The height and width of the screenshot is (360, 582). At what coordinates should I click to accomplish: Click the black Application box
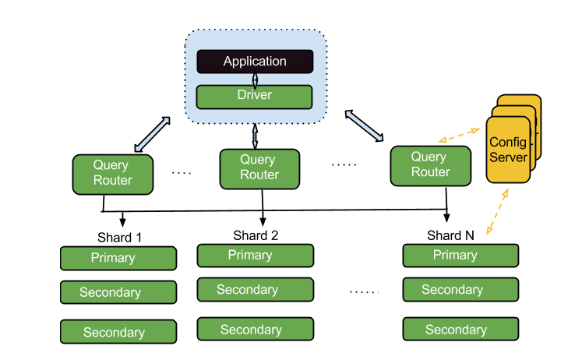[x=255, y=62]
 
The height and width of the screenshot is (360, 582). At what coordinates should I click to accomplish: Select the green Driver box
[x=254, y=97]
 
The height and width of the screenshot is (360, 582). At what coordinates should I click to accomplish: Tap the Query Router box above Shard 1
[x=113, y=175]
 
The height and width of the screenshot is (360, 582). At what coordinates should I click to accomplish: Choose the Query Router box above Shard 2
[x=259, y=169]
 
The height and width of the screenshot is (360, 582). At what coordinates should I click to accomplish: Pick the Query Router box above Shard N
[x=431, y=166]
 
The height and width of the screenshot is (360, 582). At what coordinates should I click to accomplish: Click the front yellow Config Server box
[x=508, y=150]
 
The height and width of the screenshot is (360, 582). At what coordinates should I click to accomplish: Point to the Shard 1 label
[x=119, y=238]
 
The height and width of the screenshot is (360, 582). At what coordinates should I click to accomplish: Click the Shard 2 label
[x=256, y=235]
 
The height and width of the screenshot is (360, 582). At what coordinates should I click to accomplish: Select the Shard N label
[x=450, y=235]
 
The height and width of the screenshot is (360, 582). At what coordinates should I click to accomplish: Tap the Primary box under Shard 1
[x=118, y=258]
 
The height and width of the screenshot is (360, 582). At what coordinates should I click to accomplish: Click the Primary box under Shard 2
[x=256, y=256]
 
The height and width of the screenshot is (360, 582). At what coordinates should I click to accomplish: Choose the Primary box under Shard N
[x=460, y=256]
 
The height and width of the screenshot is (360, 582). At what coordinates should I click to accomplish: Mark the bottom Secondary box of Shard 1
[x=118, y=331]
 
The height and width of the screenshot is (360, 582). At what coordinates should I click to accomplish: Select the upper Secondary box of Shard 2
[x=256, y=290]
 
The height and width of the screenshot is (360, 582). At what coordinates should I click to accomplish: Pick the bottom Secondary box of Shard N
[x=460, y=329]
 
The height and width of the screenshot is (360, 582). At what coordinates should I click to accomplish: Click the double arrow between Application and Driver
[x=255, y=79]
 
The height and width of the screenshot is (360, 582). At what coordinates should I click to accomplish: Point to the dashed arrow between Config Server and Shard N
[x=497, y=211]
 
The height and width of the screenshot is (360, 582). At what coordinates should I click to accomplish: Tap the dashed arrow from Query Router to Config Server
[x=459, y=135]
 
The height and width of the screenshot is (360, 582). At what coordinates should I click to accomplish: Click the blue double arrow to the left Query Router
[x=152, y=134]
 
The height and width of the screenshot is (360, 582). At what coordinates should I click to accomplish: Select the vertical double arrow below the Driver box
[x=255, y=136]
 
